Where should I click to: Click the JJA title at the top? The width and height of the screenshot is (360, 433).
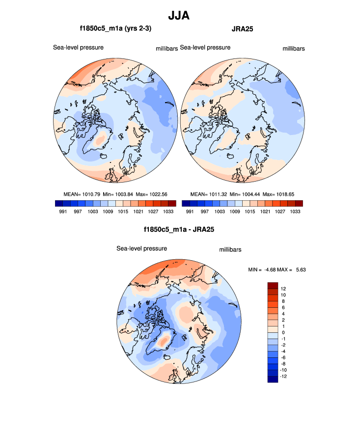tap(179, 16)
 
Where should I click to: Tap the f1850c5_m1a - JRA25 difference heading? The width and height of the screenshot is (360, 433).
tap(179, 229)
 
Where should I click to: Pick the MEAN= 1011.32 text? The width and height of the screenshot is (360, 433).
tap(207, 194)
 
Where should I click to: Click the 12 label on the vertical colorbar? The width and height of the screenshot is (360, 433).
tap(283, 288)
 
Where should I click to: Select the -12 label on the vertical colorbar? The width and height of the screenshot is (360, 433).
tap(284, 377)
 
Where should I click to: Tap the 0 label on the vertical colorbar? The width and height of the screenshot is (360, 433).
tap(282, 332)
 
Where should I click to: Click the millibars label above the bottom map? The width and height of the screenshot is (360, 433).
tap(229, 250)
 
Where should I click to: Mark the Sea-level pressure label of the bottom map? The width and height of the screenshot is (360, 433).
tap(141, 248)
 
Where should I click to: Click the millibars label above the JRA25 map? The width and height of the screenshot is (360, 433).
tap(294, 49)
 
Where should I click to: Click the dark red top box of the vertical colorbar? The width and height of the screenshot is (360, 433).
tap(273, 285)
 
